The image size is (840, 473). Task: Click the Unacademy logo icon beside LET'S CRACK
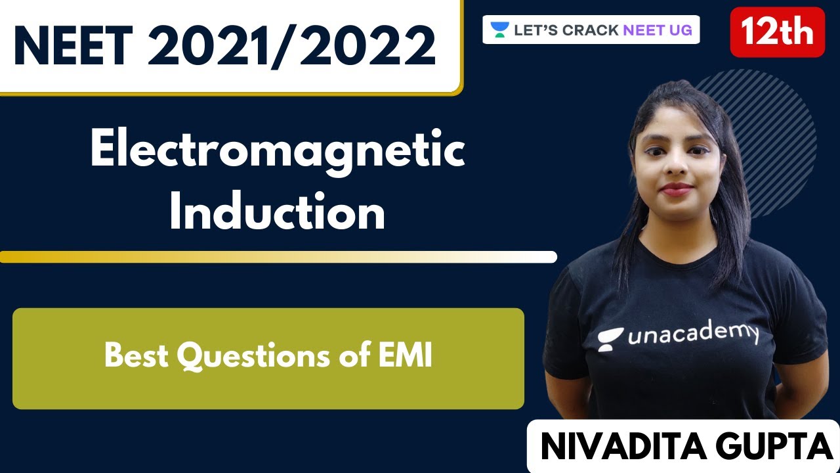click(x=500, y=30)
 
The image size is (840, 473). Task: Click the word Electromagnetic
click(x=278, y=152)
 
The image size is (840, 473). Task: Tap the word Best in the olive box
click(x=137, y=356)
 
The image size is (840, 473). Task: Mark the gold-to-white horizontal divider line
click(x=278, y=257)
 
